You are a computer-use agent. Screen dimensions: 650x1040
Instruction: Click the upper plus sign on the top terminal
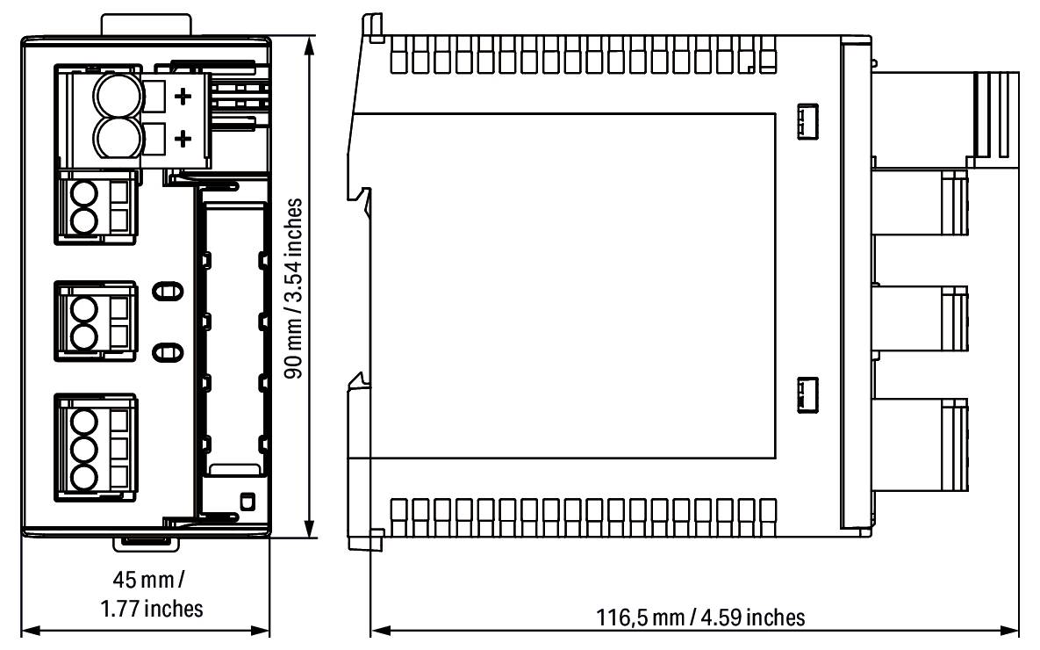(x=183, y=97)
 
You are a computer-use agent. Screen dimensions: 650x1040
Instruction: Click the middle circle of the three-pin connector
(x=83, y=448)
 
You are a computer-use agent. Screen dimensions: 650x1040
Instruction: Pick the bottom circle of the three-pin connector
(x=83, y=478)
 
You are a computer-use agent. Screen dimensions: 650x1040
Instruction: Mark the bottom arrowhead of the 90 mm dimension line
(x=308, y=532)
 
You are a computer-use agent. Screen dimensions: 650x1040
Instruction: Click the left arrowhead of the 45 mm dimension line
(x=27, y=631)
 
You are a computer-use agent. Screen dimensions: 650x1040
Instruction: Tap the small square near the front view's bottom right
(x=247, y=502)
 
